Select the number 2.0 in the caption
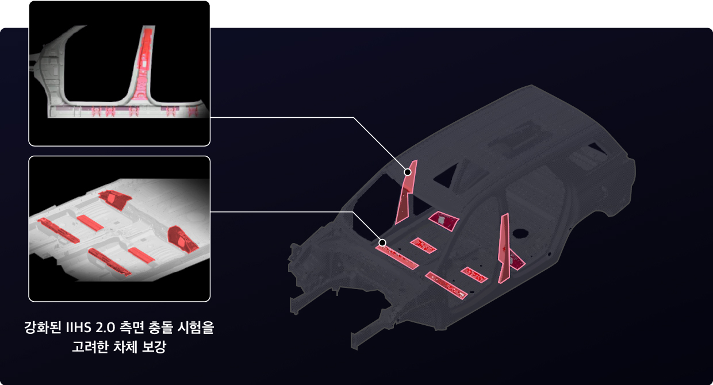(105, 329)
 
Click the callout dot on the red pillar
(407, 172)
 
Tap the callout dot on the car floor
(382, 242)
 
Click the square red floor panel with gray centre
(444, 220)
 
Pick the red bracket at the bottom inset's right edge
(182, 239)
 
